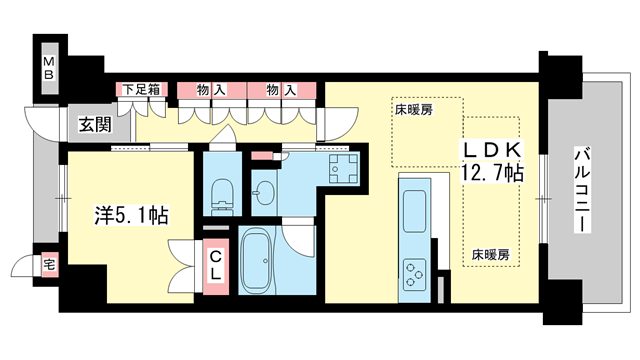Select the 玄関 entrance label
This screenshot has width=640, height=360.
96,125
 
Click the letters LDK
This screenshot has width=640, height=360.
491,149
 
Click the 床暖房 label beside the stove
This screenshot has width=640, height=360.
490,254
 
